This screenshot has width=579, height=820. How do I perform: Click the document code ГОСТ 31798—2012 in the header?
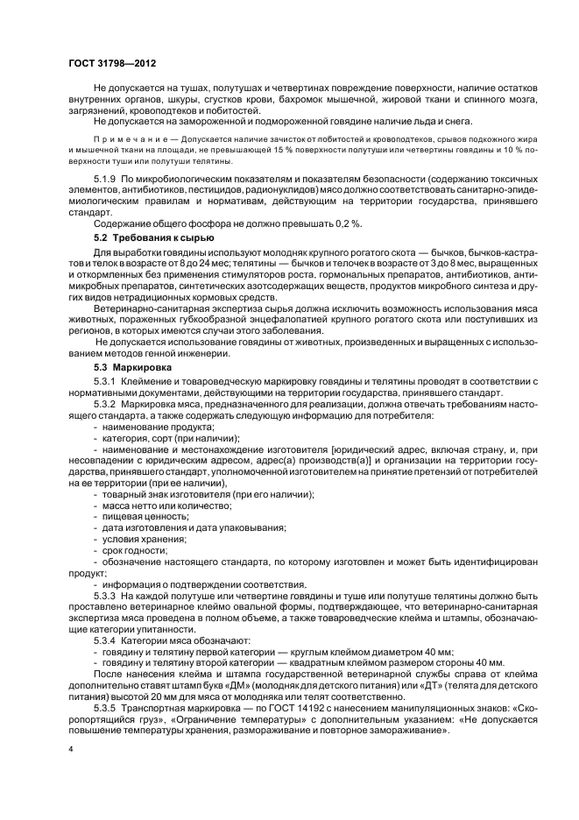108,64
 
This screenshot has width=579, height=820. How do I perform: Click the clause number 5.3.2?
107,406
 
